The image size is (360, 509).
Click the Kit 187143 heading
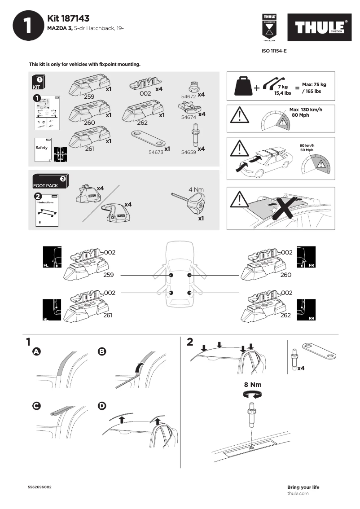pos(68,18)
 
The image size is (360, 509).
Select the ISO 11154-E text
pos(274,51)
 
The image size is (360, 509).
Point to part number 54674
pos(188,117)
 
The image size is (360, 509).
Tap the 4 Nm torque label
pos(196,189)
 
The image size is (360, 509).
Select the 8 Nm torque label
pos(252,385)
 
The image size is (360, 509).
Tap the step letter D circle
pos(102,406)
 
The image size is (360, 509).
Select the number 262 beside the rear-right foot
pos(286,315)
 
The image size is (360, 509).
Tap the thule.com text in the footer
pos(298,493)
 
